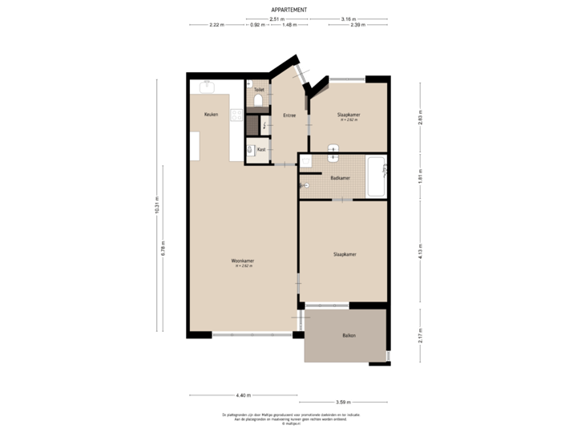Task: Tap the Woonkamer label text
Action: click(x=243, y=261)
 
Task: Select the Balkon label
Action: click(x=349, y=335)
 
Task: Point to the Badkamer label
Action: click(x=340, y=178)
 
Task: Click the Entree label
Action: click(x=289, y=115)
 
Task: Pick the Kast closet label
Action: click(x=261, y=149)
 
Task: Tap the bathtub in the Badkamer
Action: click(x=376, y=177)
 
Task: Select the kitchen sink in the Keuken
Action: click(x=208, y=86)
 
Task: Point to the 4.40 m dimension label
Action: click(x=244, y=395)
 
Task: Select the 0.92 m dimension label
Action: click(x=257, y=25)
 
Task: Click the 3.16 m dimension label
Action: click(x=348, y=18)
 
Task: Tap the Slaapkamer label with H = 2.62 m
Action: click(x=349, y=117)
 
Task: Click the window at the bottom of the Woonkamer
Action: click(x=251, y=335)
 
